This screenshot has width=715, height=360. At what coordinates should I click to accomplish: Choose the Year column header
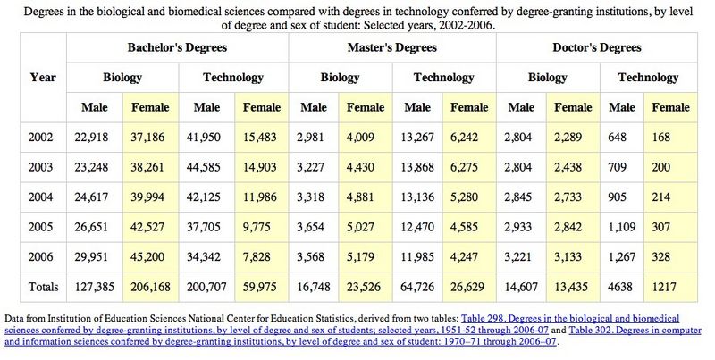pos(43,77)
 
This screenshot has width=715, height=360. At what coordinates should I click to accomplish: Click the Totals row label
pos(43,287)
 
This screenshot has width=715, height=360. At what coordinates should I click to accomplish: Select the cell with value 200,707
pos(207,287)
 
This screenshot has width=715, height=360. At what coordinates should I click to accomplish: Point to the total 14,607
pos(523,287)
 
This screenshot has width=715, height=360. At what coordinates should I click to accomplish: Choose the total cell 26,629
pos(469,287)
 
